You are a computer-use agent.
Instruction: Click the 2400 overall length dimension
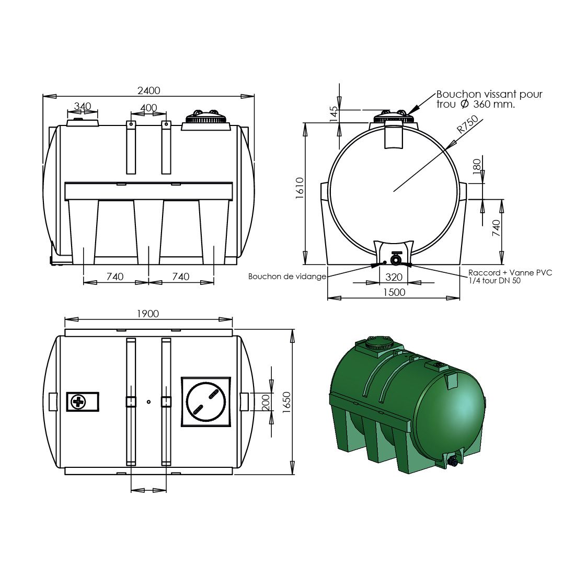click(148, 90)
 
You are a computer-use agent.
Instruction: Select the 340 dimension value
click(83, 106)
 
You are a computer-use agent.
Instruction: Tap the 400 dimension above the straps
click(148, 108)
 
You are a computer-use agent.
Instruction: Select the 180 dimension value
click(476, 166)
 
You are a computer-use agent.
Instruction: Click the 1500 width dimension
click(394, 292)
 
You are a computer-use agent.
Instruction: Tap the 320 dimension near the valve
click(394, 277)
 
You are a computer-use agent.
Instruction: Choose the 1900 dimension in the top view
click(148, 314)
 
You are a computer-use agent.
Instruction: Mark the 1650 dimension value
click(286, 401)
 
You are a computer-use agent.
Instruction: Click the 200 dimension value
click(266, 401)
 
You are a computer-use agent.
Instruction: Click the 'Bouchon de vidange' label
click(287, 277)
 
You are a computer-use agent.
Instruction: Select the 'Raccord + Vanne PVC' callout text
click(510, 273)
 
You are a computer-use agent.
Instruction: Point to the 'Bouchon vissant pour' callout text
click(489, 95)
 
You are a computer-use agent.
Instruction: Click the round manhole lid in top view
click(205, 401)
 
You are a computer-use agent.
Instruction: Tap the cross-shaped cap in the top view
click(77, 402)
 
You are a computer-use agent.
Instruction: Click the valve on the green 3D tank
click(453, 462)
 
